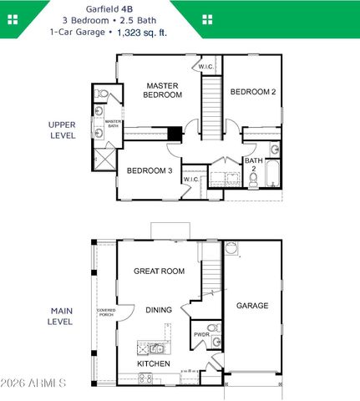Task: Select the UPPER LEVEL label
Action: [62, 129]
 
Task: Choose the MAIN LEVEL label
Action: [60, 316]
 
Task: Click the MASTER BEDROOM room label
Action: [164, 90]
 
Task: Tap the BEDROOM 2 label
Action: [252, 92]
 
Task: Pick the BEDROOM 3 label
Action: [150, 171]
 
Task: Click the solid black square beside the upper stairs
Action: [174, 133]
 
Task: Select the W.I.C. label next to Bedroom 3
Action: [190, 179]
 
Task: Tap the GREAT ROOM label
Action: [159, 271]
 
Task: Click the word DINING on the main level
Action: [159, 310]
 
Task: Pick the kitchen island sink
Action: [156, 348]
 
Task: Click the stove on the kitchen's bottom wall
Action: [145, 378]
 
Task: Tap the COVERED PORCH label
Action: [106, 313]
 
